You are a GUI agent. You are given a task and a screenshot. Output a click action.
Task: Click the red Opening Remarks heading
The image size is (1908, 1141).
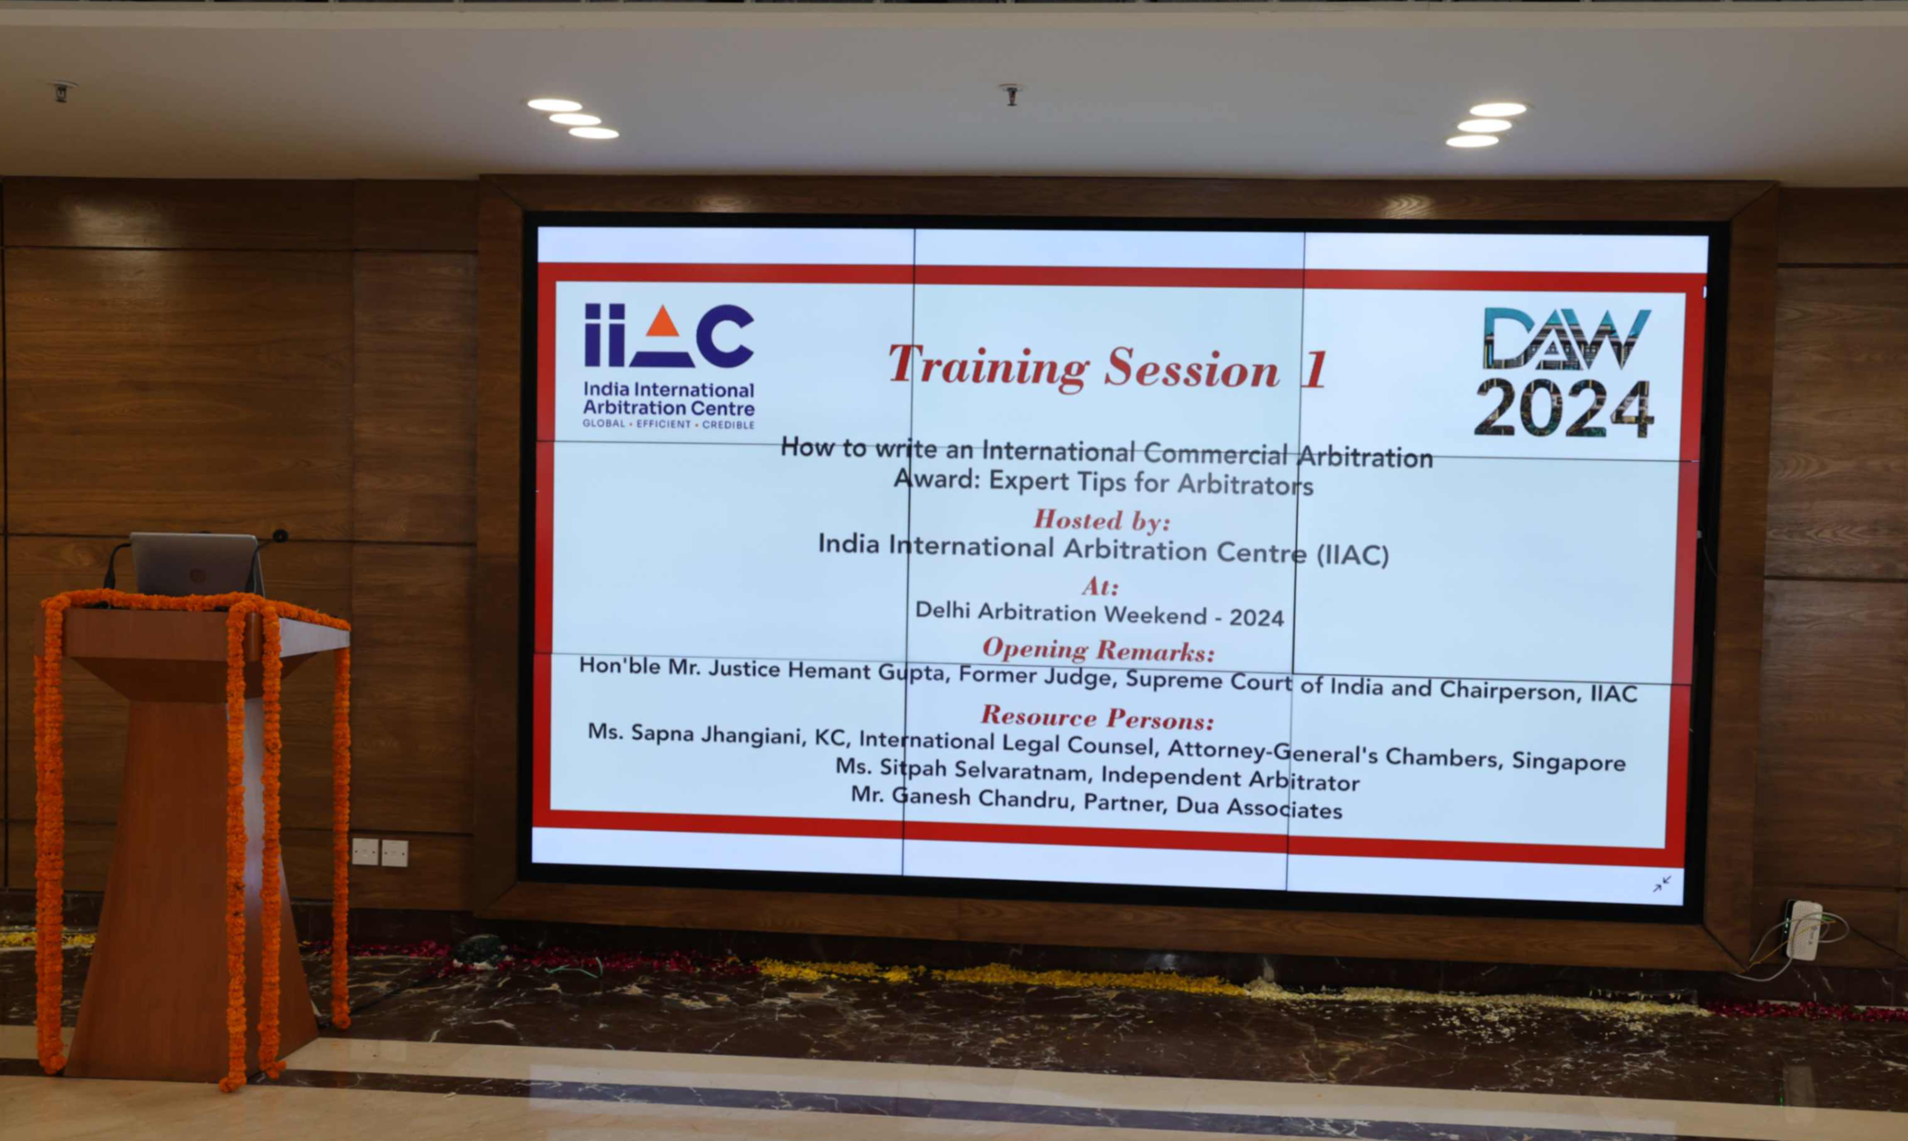coord(1099,650)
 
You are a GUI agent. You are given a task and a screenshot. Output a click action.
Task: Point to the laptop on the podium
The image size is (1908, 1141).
coord(195,565)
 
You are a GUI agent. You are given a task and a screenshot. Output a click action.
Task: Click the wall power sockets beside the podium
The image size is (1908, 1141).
coord(380,852)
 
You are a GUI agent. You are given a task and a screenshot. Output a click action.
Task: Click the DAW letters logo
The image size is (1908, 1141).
coord(1566,339)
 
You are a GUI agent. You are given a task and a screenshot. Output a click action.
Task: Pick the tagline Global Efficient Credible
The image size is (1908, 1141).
coord(669,424)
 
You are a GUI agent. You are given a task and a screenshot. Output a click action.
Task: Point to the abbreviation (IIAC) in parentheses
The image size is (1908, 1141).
coord(1352,555)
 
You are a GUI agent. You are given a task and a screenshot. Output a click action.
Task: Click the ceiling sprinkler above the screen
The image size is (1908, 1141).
coord(1012,95)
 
